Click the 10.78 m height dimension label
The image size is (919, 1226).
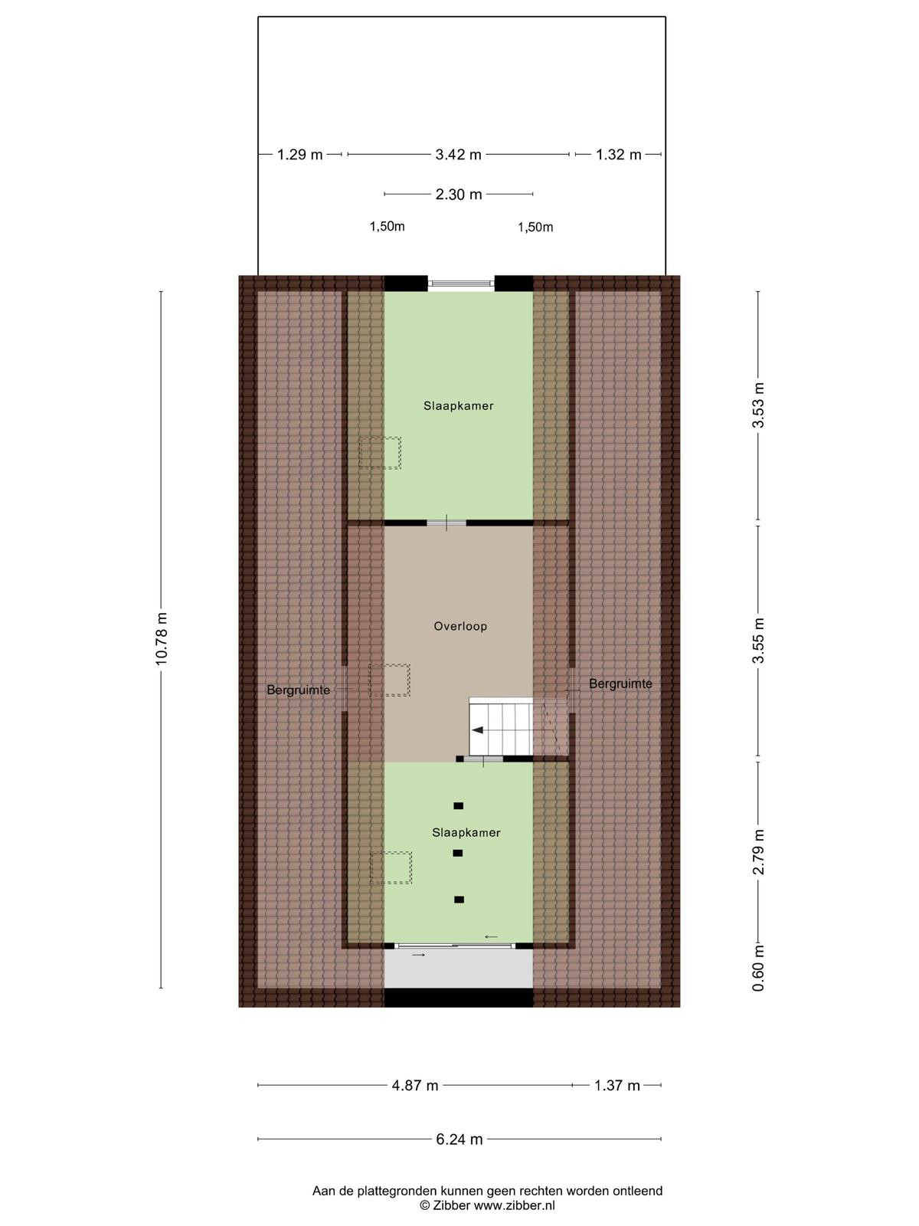(x=162, y=638)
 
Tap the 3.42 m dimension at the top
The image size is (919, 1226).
(x=458, y=155)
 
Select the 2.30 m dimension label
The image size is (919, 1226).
(x=458, y=195)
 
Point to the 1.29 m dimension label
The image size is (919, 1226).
(x=300, y=155)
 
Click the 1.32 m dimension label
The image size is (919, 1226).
(x=618, y=155)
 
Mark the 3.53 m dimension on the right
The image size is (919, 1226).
(x=757, y=405)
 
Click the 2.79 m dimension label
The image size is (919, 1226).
(x=757, y=852)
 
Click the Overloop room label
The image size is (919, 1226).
(x=460, y=626)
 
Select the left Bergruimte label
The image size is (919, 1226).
(x=298, y=690)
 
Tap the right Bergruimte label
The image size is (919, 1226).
(x=620, y=683)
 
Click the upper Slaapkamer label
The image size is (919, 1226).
(x=458, y=406)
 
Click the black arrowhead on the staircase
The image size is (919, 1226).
(x=477, y=729)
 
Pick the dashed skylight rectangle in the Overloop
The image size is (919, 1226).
(x=390, y=680)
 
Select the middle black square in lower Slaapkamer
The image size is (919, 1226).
(x=457, y=853)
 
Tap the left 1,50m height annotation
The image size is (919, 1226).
(x=387, y=226)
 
